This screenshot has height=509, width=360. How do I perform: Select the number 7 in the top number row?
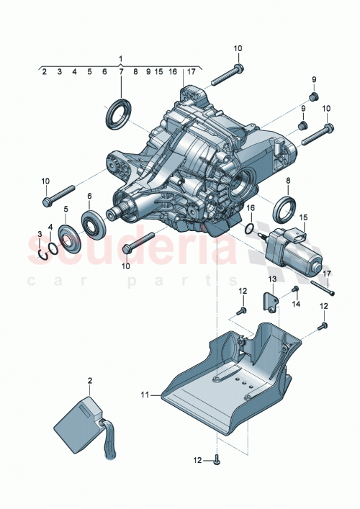point(120,72)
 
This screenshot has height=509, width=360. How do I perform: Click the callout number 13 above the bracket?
point(273,279)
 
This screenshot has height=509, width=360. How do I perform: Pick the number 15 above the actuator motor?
point(303,217)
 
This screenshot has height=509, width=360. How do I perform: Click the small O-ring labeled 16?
point(248,230)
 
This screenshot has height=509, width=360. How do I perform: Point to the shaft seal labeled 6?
point(94,222)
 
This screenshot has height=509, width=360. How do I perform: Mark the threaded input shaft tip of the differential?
point(114,212)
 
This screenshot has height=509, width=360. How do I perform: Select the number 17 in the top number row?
point(191,72)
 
